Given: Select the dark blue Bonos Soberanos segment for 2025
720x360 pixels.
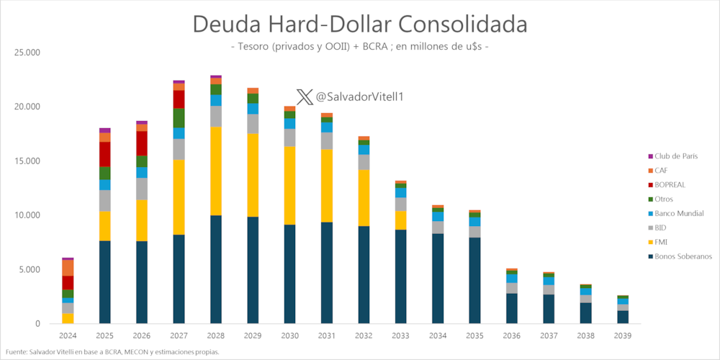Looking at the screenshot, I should [x=104, y=282].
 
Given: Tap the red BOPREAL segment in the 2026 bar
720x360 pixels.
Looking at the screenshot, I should [x=142, y=143].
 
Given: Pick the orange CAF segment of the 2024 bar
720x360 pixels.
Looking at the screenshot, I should [x=68, y=268].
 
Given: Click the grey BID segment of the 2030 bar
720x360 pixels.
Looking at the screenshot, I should [x=290, y=138].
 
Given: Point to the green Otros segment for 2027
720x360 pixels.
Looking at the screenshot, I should [x=179, y=118].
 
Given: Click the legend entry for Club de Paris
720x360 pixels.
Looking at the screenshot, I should [x=672, y=156].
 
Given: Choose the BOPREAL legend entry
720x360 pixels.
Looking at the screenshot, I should [x=670, y=185].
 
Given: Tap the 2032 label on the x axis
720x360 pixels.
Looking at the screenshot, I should [x=364, y=336].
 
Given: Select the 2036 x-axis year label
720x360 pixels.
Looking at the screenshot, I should [x=513, y=336].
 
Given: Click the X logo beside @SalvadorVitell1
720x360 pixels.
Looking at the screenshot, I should [x=305, y=96].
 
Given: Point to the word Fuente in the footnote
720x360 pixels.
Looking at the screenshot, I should [x=16, y=352].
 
